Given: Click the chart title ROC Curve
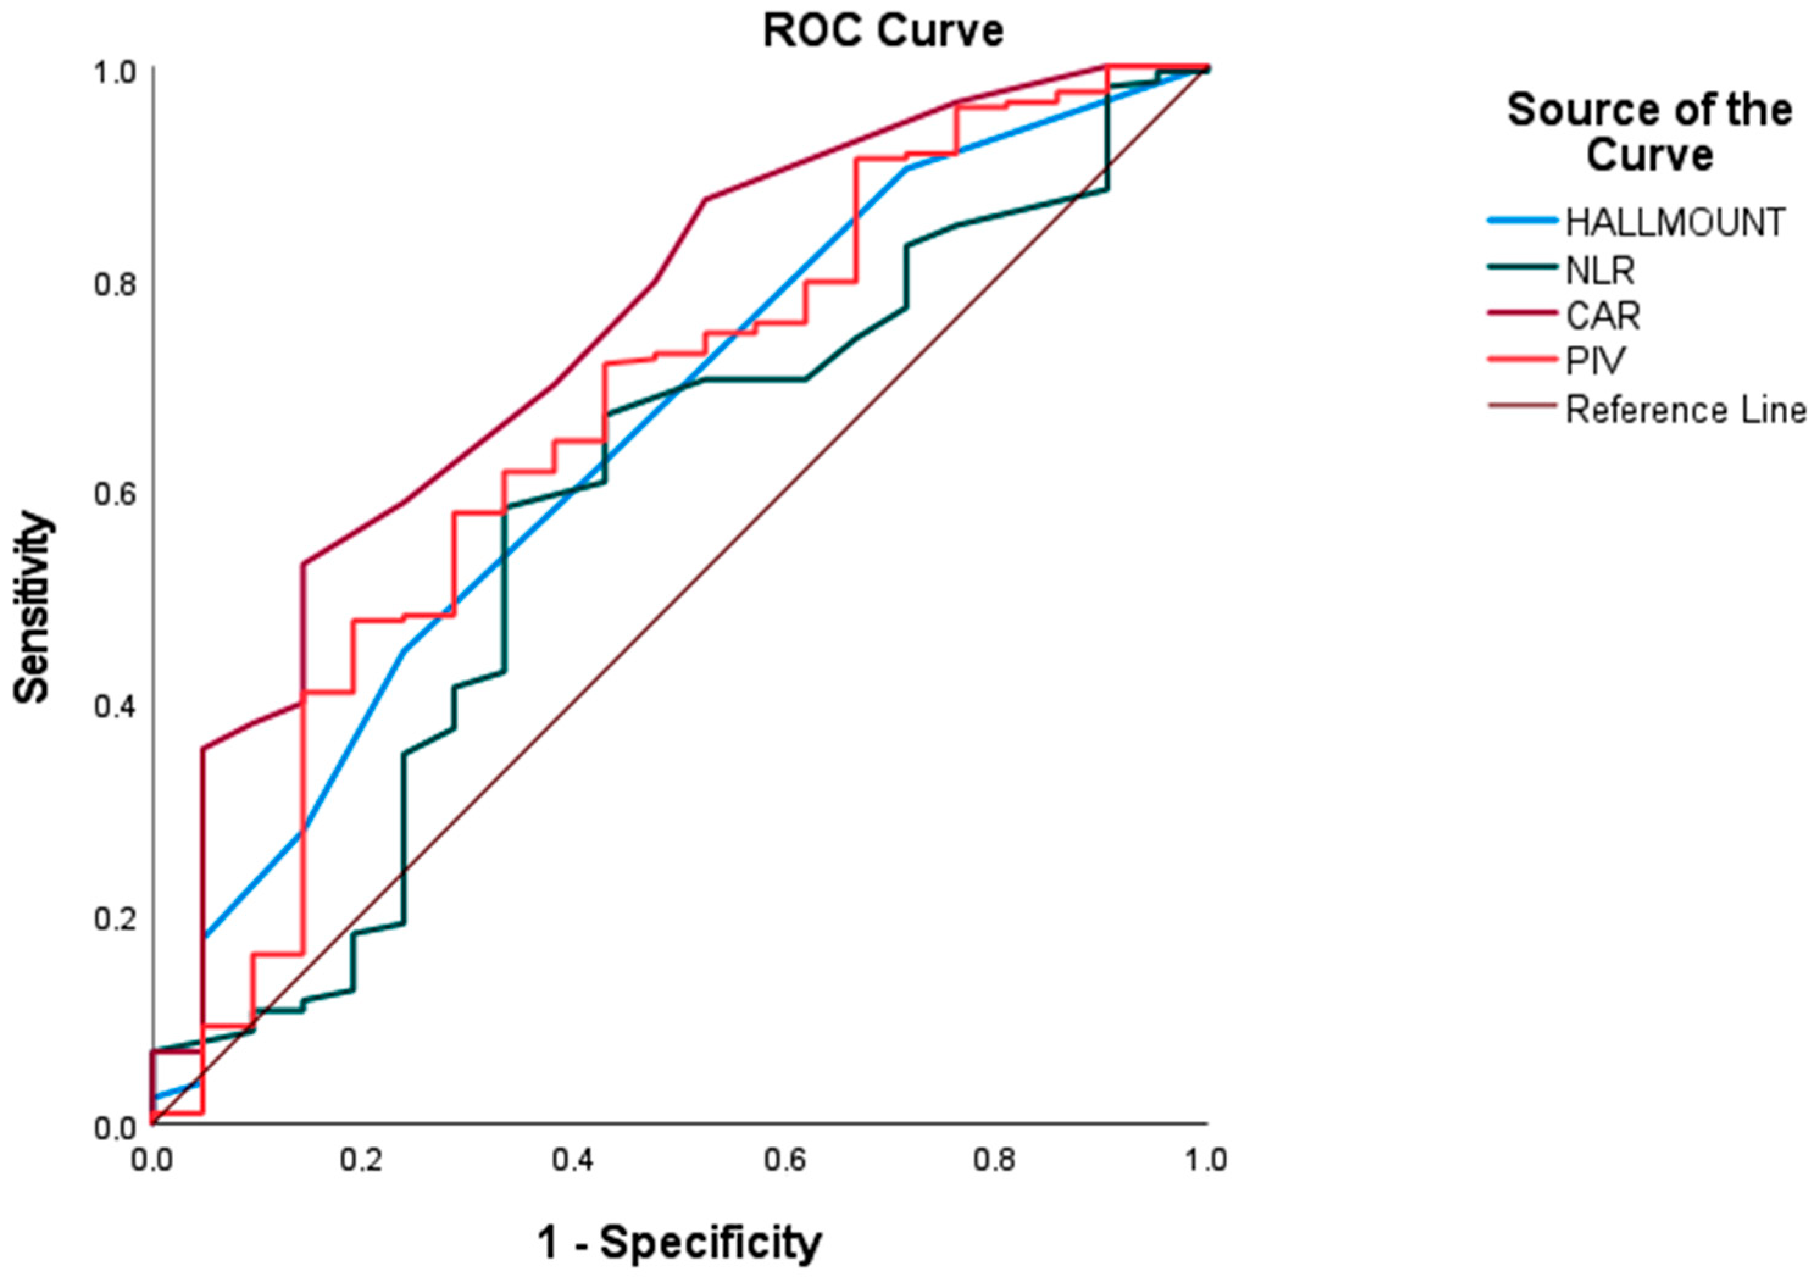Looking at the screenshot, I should coord(882,32).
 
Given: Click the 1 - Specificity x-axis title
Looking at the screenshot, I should coord(679,1243).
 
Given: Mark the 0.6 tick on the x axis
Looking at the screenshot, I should coord(785,1161).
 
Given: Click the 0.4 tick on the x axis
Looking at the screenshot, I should coord(574,1161).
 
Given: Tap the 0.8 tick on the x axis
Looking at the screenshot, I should coord(996,1161).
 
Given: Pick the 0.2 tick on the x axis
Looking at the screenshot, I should coord(363,1161).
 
